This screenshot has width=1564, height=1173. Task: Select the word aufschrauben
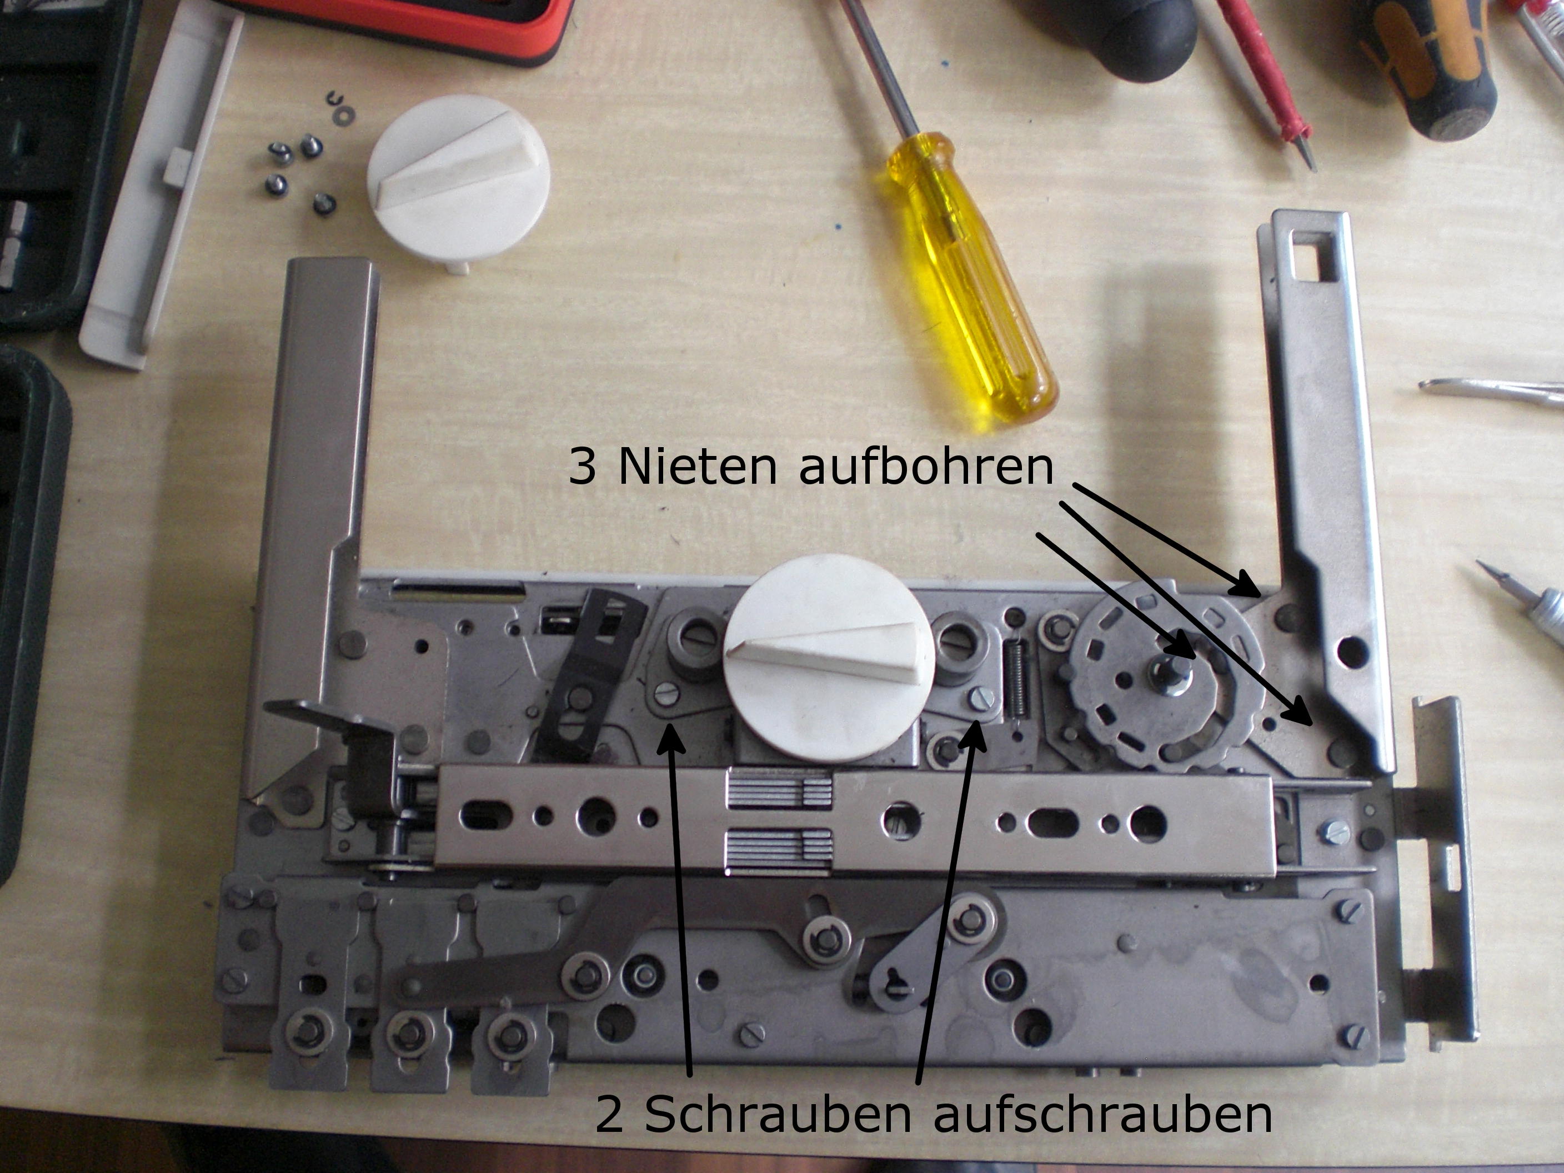click(x=1103, y=1115)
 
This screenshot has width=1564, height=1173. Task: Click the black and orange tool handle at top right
click(x=1435, y=64)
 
